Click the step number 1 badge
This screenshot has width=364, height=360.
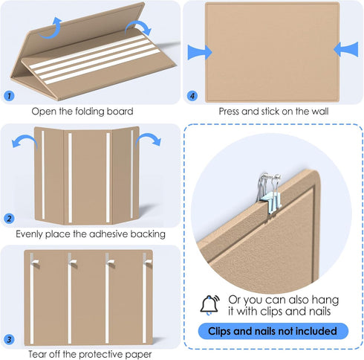coord(10,96)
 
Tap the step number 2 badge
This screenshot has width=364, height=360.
coord(9,219)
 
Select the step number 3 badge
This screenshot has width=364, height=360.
coord(9,339)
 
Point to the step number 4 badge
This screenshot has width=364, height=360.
coord(192,96)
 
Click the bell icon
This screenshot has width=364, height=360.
coord(209,305)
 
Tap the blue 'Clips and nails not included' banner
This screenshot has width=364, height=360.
coord(273,331)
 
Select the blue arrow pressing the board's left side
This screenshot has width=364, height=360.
coord(200,52)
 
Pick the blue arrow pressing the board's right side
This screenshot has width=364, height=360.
coord(346,49)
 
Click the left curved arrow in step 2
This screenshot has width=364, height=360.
coord(25,140)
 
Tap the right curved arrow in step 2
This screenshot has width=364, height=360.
coord(149,139)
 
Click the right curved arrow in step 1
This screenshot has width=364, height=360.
coord(140,26)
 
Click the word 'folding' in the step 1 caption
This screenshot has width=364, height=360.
coord(90,112)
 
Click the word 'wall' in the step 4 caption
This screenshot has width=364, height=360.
coord(320,112)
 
